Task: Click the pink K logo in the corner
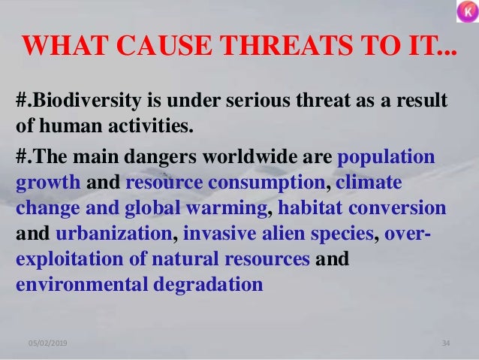coord(465,13)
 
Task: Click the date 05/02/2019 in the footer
coord(47,343)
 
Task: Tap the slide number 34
coord(445,343)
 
